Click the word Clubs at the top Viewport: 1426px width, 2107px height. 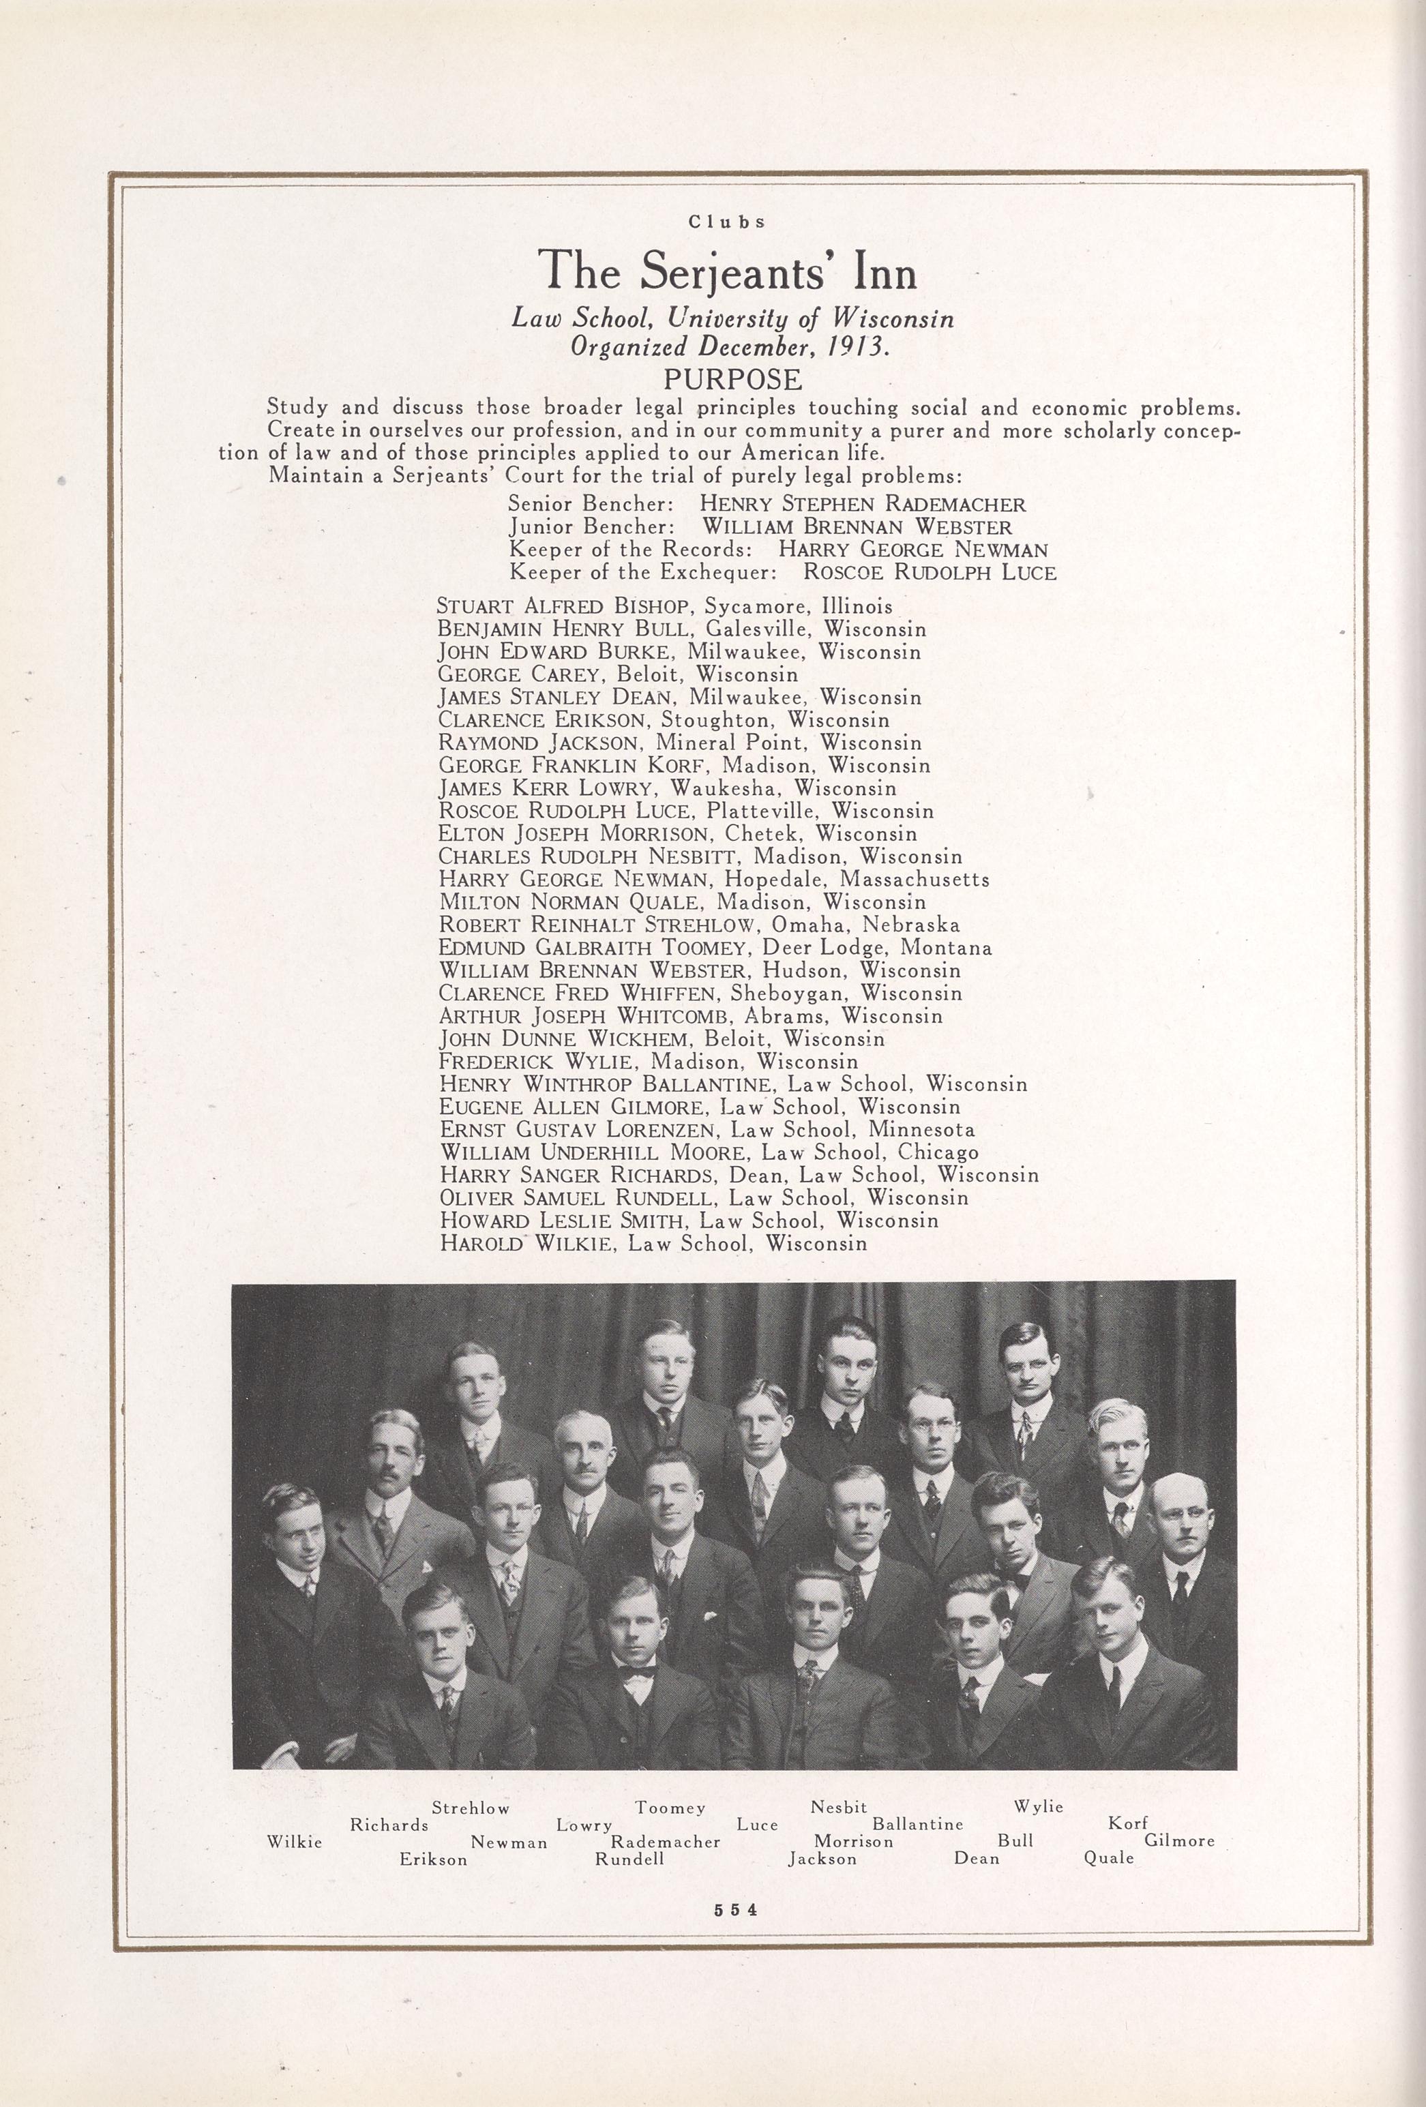[x=727, y=221]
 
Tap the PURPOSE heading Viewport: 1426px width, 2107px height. [x=733, y=378]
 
